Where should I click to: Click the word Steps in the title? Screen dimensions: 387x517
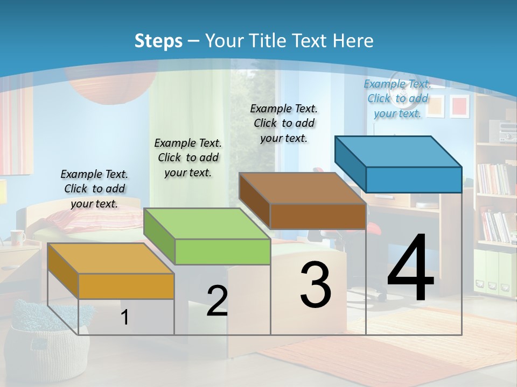tap(158, 41)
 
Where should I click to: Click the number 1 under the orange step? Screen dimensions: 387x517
tap(125, 318)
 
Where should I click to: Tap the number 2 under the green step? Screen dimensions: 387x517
tap(217, 301)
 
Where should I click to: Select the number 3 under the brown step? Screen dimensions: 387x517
tap(316, 285)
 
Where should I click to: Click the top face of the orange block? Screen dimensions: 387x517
tap(110, 259)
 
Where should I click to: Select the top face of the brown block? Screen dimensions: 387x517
tap(302, 188)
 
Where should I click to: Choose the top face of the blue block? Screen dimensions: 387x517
tap(398, 152)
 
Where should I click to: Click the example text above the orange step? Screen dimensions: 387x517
tap(94, 189)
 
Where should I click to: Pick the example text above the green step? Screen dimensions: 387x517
tap(188, 157)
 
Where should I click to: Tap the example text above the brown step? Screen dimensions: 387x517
tap(284, 123)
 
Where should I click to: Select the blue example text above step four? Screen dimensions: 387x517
tap(397, 98)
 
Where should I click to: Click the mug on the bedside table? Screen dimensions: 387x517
tap(17, 237)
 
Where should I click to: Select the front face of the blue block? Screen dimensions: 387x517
tap(414, 180)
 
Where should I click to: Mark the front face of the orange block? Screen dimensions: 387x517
tap(126, 286)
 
